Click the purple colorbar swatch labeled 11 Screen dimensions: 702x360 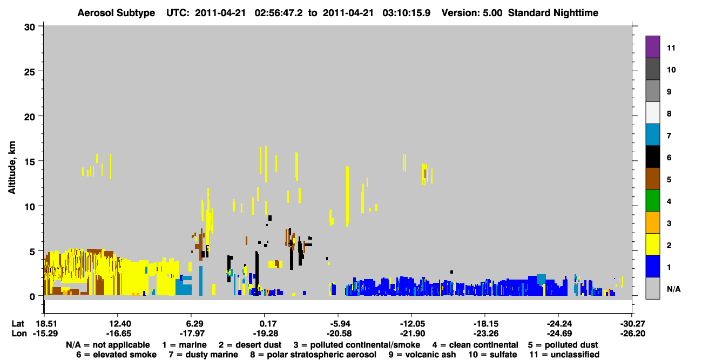tap(652, 46)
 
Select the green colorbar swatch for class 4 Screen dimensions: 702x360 tap(652, 201)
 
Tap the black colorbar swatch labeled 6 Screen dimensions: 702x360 tap(652, 157)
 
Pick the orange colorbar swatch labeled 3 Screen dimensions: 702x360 tap(652, 222)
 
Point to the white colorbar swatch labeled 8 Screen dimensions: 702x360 tap(652, 113)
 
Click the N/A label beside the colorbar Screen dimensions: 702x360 tap(673, 289)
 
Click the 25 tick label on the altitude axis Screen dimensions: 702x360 tap(30, 72)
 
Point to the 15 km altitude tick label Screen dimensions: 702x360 tap(30, 162)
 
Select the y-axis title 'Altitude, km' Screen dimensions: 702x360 tap(12, 168)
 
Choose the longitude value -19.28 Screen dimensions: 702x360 tap(265, 334)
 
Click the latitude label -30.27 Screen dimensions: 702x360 tap(632, 324)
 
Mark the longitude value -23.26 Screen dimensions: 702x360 tap(486, 334)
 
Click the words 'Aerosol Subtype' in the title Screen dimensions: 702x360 tap(116, 13)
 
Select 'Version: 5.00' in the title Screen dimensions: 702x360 tap(472, 13)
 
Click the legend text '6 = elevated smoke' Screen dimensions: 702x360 tap(116, 355)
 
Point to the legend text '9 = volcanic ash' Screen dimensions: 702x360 tap(422, 355)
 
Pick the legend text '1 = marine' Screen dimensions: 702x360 tap(184, 345)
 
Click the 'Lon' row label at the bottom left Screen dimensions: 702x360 tap(19, 334)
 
